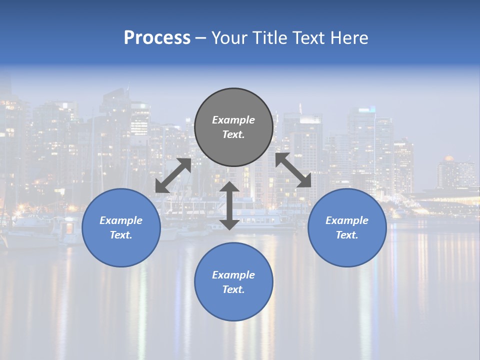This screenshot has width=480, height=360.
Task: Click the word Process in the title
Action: click(x=157, y=38)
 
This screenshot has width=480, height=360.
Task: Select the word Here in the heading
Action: click(x=349, y=38)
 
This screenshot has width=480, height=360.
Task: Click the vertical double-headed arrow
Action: click(x=229, y=205)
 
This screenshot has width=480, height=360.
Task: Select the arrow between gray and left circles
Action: click(x=173, y=175)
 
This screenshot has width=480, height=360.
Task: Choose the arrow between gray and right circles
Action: click(x=293, y=170)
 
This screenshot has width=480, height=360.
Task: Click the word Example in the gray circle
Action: click(x=233, y=120)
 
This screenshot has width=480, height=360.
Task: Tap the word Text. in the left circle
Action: click(x=121, y=235)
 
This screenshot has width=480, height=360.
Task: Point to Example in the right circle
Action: click(x=347, y=220)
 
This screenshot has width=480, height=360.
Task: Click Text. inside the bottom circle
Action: click(x=233, y=289)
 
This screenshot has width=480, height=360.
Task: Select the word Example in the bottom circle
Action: click(x=233, y=275)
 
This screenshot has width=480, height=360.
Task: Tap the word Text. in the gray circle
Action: click(x=233, y=134)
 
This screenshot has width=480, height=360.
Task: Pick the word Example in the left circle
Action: click(x=121, y=220)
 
